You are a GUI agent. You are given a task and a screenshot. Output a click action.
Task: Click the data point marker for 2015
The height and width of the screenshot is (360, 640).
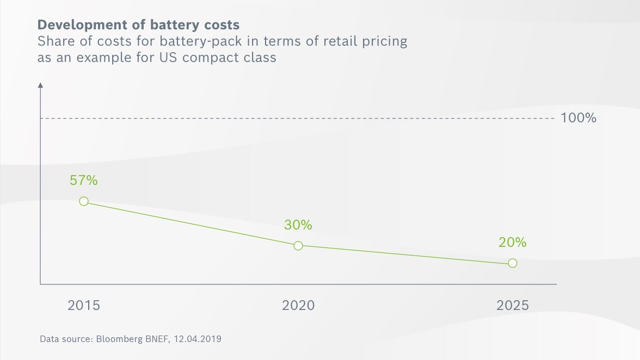click(84, 201)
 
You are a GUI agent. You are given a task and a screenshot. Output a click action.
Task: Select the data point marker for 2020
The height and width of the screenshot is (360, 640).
click(298, 246)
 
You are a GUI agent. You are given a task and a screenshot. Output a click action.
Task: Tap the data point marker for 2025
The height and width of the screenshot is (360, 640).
click(512, 263)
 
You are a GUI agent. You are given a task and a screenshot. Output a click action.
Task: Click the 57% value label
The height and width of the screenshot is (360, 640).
click(84, 181)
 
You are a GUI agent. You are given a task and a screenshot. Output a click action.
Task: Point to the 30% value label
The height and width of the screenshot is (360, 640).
click(298, 225)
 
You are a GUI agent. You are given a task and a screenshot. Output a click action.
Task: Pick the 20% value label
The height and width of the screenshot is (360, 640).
click(512, 243)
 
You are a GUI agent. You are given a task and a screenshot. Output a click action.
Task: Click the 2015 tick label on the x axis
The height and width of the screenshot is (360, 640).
click(84, 306)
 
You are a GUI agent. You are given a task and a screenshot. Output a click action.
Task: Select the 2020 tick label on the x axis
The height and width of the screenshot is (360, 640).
click(298, 306)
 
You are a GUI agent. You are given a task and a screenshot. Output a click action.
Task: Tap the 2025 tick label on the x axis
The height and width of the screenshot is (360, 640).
click(512, 306)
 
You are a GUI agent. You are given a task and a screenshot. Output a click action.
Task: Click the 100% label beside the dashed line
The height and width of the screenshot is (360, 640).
click(579, 118)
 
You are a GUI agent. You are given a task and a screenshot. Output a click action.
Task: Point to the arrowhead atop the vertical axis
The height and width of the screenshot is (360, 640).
click(40, 85)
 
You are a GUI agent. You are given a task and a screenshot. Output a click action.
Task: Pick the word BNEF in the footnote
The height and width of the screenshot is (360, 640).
click(157, 339)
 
